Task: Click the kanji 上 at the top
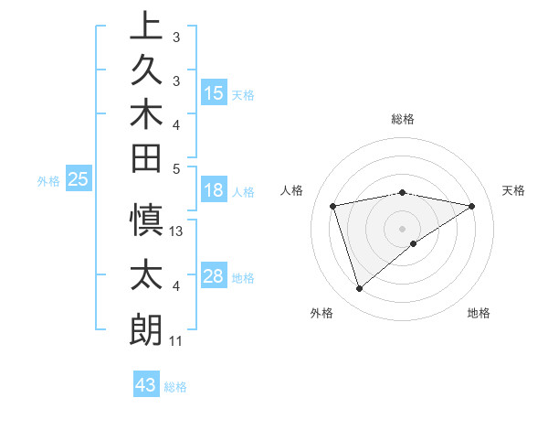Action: point(145,26)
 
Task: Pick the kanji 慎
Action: point(145,220)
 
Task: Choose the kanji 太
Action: point(145,274)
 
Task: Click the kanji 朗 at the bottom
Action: point(145,329)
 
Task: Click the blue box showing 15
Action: point(214,93)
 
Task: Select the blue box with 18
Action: point(214,191)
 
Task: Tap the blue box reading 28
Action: point(214,276)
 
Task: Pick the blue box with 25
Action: point(79,180)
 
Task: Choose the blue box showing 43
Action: point(146,385)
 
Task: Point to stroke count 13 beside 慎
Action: point(177,231)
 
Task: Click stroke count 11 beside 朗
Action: point(175,341)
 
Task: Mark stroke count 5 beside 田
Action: point(176,168)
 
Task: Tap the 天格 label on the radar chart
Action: point(513,190)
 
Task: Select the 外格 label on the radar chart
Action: point(321,314)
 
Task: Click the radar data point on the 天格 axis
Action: point(472,206)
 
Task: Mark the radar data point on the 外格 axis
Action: point(359,289)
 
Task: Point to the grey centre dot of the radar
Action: point(402,228)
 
